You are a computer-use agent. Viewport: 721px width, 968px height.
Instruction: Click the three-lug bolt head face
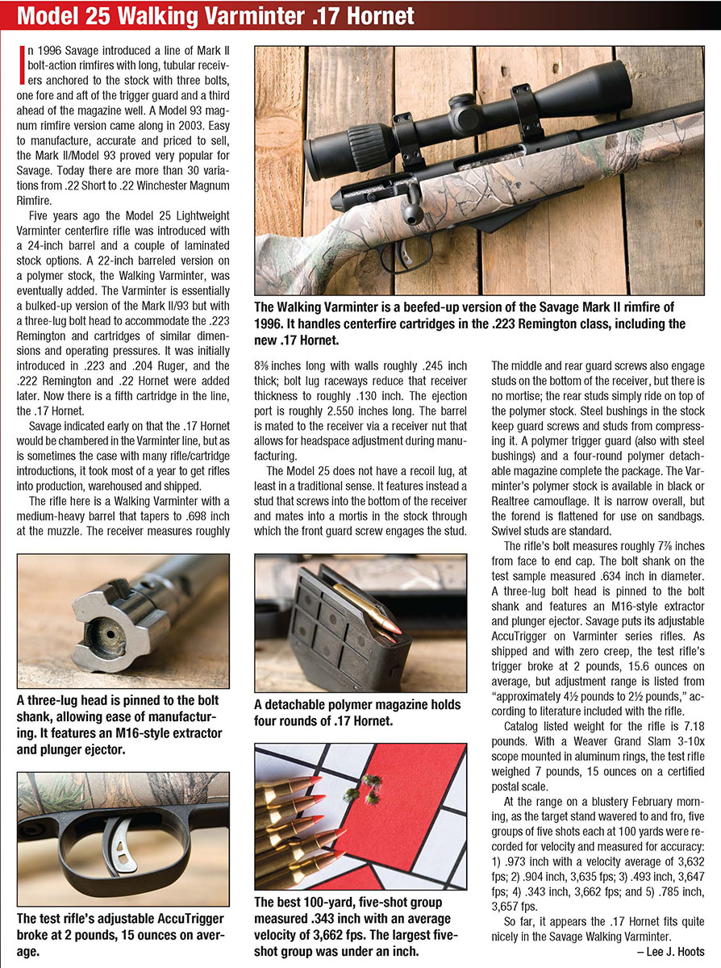click(102, 633)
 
